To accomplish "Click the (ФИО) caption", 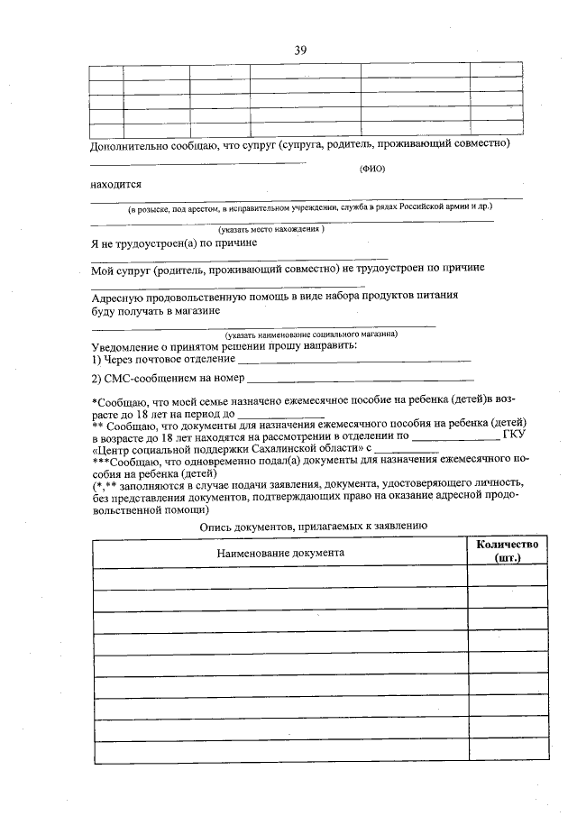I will click(x=372, y=169).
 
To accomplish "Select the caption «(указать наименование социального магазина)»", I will click(x=312, y=334).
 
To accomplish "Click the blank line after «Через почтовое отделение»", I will click(x=361, y=362).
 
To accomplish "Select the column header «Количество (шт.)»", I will click(x=507, y=551).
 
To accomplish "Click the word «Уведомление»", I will click(x=131, y=347).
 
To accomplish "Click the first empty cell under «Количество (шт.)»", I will click(x=507, y=576).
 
